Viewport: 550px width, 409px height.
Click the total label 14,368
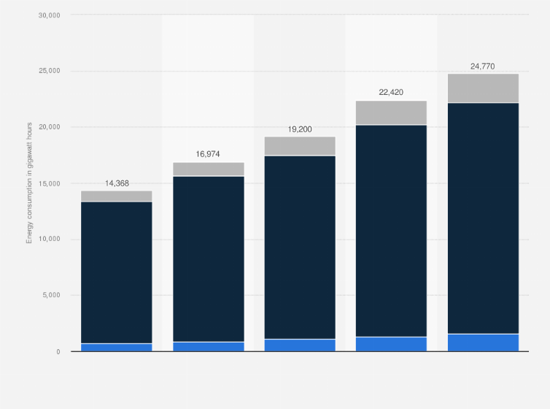[117, 183]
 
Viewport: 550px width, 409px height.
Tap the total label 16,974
[208, 154]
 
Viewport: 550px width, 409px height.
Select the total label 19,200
[300, 129]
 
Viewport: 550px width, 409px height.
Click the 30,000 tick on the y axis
[49, 15]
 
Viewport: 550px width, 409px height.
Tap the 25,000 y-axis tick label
[49, 72]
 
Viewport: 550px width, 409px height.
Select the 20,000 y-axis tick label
[49, 127]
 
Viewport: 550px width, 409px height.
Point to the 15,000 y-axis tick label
[49, 183]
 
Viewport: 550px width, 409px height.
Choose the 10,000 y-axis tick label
[49, 240]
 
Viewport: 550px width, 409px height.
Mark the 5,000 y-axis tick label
[51, 296]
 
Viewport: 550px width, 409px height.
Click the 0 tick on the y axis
[57, 352]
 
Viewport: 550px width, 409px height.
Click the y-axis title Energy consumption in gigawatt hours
[30, 183]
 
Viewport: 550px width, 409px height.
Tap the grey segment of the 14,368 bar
[117, 196]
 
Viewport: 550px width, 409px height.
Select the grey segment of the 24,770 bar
[483, 88]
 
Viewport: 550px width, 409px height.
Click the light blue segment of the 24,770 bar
[483, 343]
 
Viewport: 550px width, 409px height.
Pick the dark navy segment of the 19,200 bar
[300, 247]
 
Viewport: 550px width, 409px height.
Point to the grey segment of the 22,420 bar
[391, 112]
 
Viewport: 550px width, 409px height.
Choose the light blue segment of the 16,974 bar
[208, 346]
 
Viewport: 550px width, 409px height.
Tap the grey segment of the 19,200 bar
[300, 146]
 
